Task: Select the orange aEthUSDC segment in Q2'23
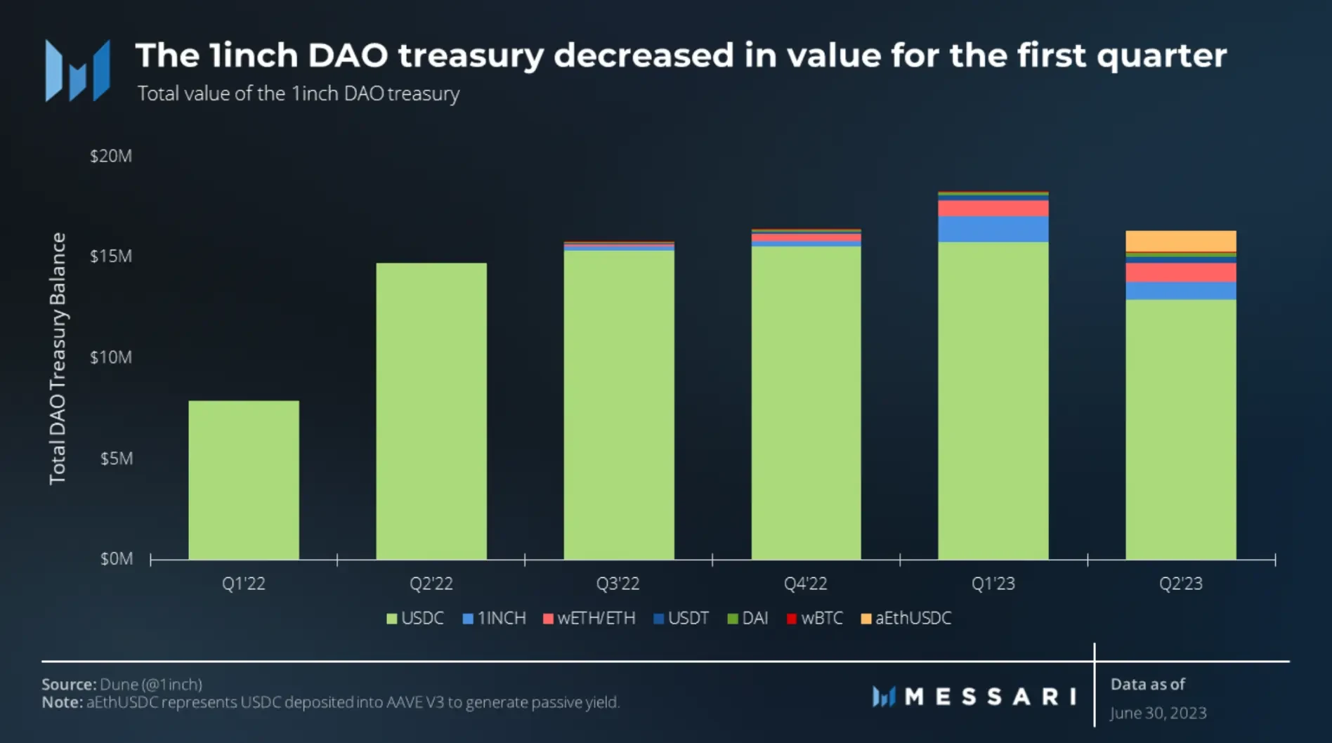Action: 1180,241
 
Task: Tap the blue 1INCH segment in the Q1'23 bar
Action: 993,229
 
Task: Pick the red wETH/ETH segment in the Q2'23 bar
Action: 1180,272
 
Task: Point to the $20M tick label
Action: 111,156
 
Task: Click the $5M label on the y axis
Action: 116,459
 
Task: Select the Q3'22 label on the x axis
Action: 618,584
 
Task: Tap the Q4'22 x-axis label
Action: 805,584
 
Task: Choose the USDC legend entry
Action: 415,618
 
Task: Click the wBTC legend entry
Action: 815,618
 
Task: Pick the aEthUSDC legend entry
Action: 906,618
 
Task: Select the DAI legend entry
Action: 748,618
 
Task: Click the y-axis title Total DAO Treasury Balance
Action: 58,358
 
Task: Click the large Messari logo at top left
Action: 77,70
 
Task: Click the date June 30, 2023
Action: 1158,713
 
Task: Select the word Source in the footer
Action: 68,684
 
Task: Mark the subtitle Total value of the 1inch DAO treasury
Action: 299,93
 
